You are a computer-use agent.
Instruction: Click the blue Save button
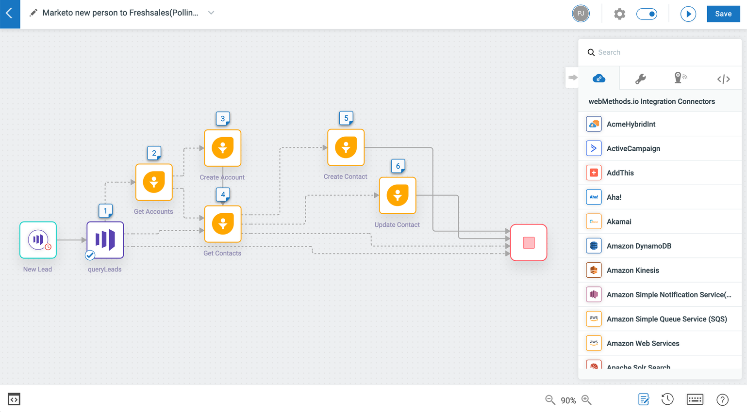point(723,14)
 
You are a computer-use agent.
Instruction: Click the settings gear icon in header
point(619,14)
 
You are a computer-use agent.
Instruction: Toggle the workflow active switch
point(647,14)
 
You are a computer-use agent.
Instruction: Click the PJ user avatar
point(581,14)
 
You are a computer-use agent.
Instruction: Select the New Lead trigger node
point(38,240)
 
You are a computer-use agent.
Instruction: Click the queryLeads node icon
point(105,240)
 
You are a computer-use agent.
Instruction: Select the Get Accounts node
point(154,182)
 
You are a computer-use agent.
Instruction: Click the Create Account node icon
point(223,148)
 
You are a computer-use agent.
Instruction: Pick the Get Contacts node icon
point(223,224)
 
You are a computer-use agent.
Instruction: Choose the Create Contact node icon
point(346,147)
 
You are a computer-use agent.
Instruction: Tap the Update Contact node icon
point(398,195)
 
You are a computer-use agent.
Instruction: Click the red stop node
point(529,242)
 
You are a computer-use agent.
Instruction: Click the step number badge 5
point(346,118)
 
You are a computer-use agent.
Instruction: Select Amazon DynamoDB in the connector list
point(639,246)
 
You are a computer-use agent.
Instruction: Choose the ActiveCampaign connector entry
point(633,148)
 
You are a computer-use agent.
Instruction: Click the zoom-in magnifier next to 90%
point(586,400)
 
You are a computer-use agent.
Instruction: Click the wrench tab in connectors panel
point(640,79)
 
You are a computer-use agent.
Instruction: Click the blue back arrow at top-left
point(10,14)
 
